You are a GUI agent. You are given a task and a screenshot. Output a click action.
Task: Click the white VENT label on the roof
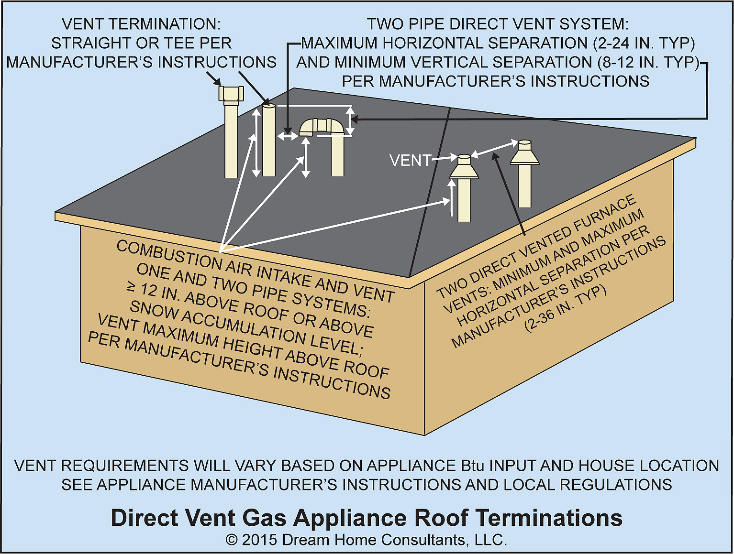click(x=410, y=161)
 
